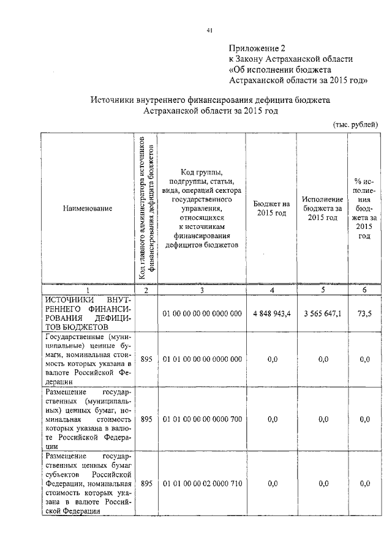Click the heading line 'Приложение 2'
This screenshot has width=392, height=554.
257,48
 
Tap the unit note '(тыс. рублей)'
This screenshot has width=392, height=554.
355,124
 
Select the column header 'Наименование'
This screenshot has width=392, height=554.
88,209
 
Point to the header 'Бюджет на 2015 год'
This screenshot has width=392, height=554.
271,208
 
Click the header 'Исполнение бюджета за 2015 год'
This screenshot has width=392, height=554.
323,208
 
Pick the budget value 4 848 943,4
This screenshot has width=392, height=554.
271,313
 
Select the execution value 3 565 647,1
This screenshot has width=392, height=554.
323,313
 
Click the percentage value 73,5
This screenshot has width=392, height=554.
364,313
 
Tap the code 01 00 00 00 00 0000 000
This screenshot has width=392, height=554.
202,313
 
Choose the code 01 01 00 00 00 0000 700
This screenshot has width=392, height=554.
202,419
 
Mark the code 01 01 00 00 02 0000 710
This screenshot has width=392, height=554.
202,484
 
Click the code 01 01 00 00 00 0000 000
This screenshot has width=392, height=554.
202,359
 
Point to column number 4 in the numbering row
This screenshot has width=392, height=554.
271,290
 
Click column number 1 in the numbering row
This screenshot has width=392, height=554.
88,290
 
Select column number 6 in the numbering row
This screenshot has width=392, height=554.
364,290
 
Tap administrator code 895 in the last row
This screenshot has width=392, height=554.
146,484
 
